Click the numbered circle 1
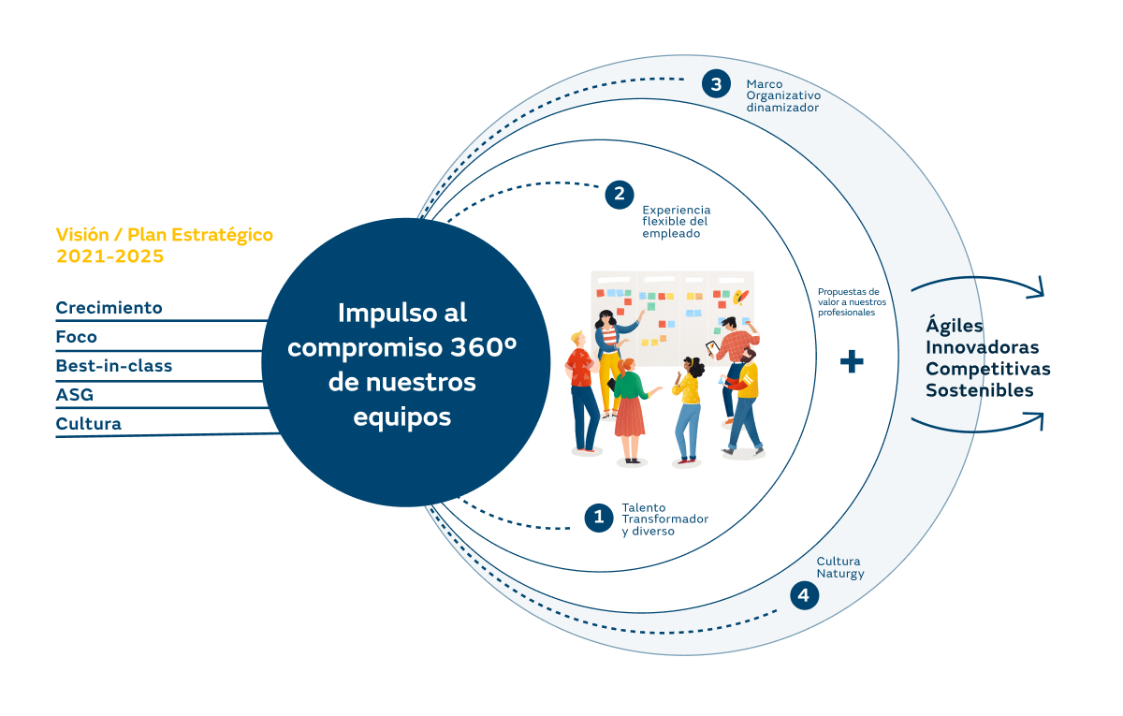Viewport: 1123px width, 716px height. coord(599,518)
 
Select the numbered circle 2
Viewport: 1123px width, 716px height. coord(619,195)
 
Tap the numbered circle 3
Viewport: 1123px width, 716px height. coord(716,84)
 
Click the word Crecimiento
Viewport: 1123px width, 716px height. coord(109,308)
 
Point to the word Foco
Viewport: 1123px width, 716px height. coord(77,337)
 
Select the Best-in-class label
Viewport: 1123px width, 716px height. coord(114,366)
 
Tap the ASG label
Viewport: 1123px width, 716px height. coord(75,395)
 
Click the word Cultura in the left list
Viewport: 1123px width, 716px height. coord(89,424)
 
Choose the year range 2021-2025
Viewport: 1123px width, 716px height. coord(109,256)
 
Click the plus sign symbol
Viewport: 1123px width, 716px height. coord(851,362)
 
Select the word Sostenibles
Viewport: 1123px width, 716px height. coord(980,390)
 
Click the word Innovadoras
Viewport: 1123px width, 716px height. coord(983,348)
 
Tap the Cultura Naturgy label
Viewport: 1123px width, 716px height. coord(839,567)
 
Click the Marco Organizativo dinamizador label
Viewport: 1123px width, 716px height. coord(783,95)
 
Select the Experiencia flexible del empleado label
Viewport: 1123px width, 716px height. coord(676,222)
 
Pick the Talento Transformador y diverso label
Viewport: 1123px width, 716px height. coord(664,519)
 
